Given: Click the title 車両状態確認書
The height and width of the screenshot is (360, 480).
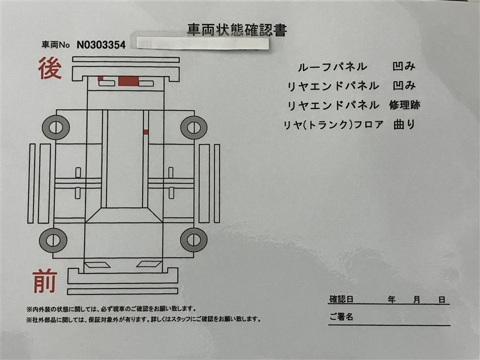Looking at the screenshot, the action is click(237, 30).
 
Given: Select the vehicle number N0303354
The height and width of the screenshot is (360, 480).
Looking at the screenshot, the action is click(101, 45).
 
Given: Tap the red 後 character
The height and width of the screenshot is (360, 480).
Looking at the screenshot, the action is click(50, 68).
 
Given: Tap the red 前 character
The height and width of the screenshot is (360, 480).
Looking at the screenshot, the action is click(45, 281).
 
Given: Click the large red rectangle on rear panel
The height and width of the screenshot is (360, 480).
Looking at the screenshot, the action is click(128, 81).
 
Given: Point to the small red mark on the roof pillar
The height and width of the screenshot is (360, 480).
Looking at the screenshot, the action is click(146, 132).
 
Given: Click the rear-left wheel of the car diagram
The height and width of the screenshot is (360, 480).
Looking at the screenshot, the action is click(56, 127).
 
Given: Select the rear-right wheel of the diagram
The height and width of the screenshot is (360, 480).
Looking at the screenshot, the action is click(194, 127).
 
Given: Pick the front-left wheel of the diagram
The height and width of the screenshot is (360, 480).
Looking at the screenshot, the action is click(53, 239).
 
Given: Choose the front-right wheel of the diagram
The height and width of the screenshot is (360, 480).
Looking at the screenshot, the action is click(194, 239).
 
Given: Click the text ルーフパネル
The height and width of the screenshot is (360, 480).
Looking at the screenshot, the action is click(332, 67).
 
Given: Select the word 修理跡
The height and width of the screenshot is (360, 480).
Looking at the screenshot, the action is click(404, 105).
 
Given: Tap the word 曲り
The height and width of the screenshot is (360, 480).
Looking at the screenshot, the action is click(404, 124).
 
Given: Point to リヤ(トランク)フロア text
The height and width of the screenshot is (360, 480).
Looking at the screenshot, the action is click(334, 125).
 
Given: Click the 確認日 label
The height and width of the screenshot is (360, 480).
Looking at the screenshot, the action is click(341, 299).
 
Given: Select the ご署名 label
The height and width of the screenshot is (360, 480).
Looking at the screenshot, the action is click(341, 317).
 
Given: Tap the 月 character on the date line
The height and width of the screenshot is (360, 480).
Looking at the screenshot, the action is click(416, 299).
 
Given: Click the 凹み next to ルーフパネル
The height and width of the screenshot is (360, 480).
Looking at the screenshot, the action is click(404, 67).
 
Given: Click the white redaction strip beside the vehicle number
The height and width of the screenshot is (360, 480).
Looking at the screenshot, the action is click(202, 43).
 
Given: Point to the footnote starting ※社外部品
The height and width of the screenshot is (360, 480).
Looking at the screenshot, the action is click(143, 319).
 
